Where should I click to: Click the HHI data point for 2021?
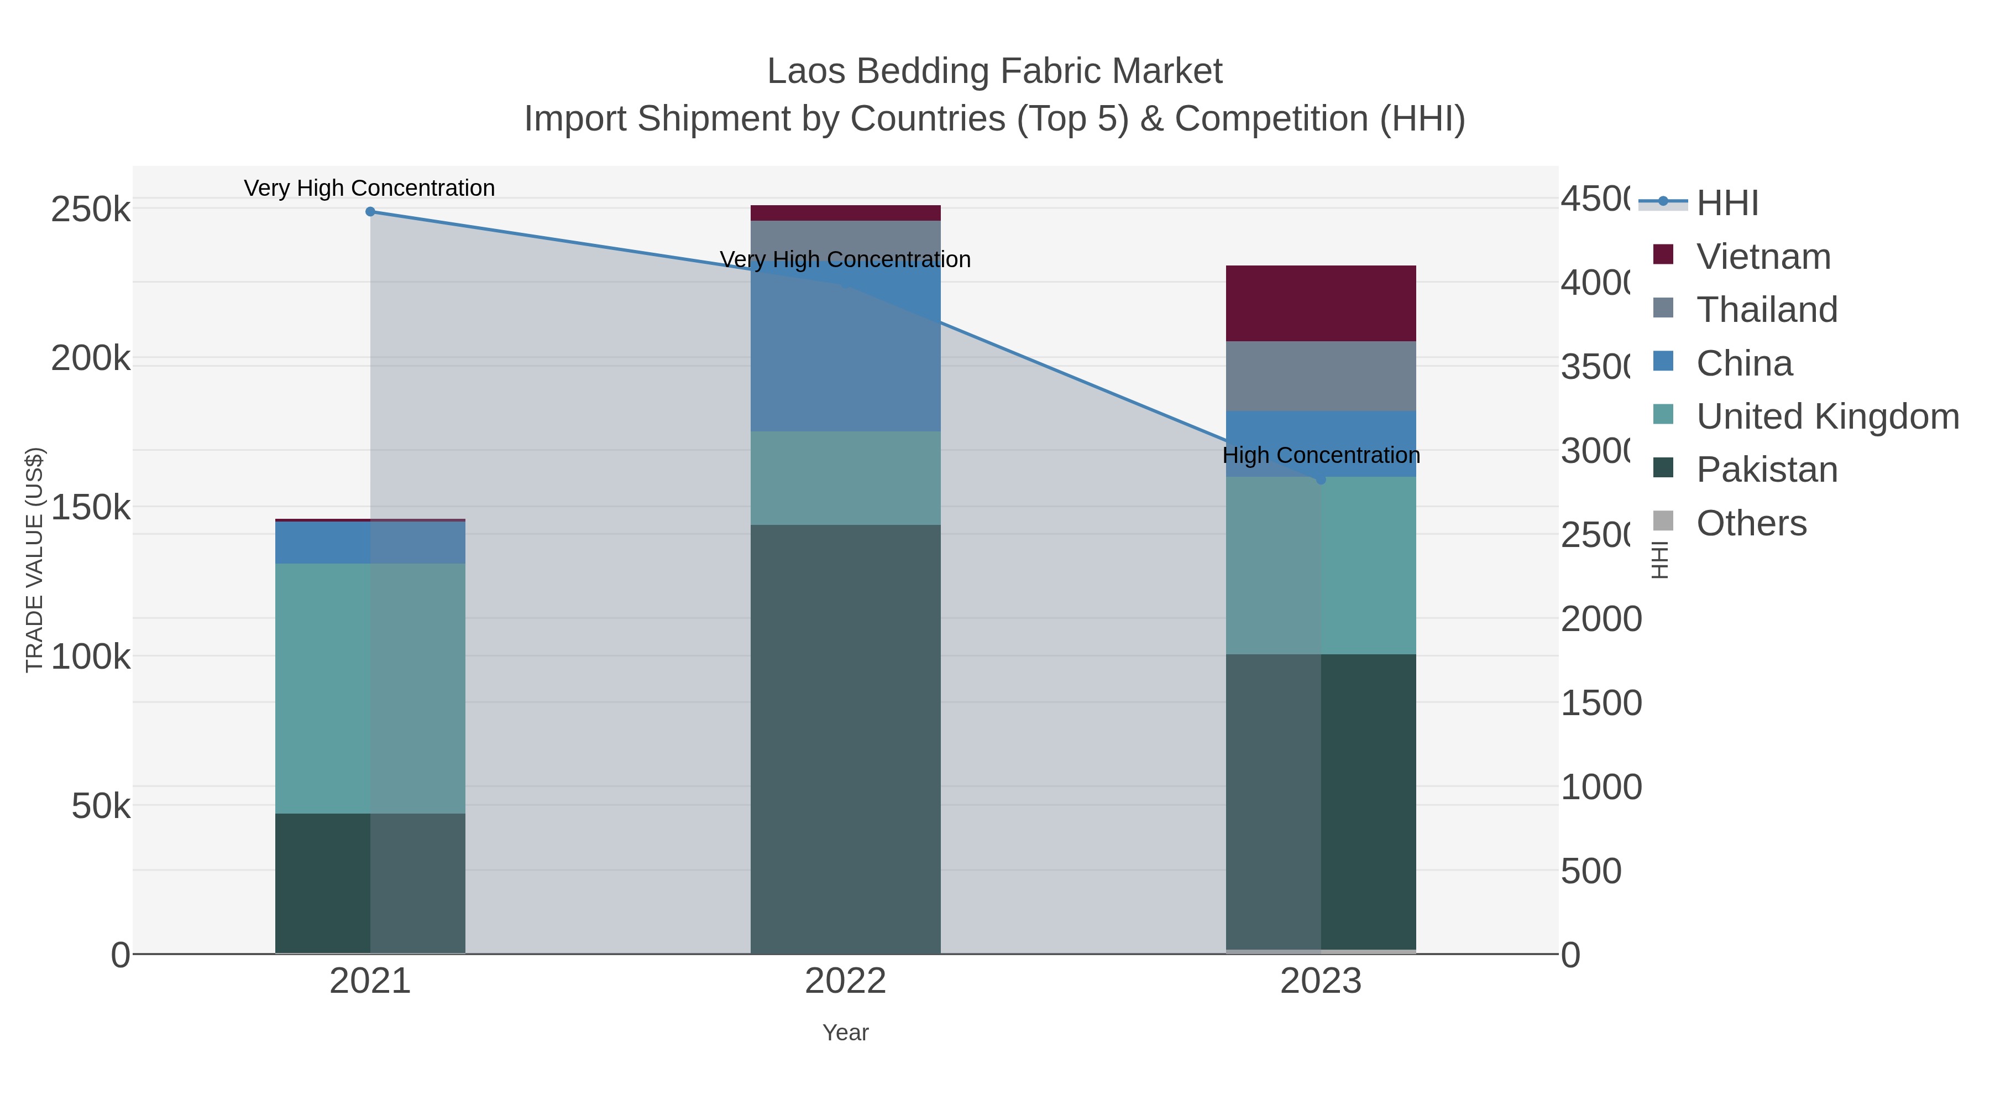370,212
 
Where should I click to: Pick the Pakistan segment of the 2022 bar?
845,739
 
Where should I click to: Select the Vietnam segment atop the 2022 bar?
845,212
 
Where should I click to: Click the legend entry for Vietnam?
1763,257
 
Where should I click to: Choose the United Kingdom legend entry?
1826,416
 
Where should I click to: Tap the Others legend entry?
1751,523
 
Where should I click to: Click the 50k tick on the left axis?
101,806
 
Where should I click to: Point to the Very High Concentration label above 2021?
369,188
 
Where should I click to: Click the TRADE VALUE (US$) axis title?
35,560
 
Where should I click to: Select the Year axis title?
845,1033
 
